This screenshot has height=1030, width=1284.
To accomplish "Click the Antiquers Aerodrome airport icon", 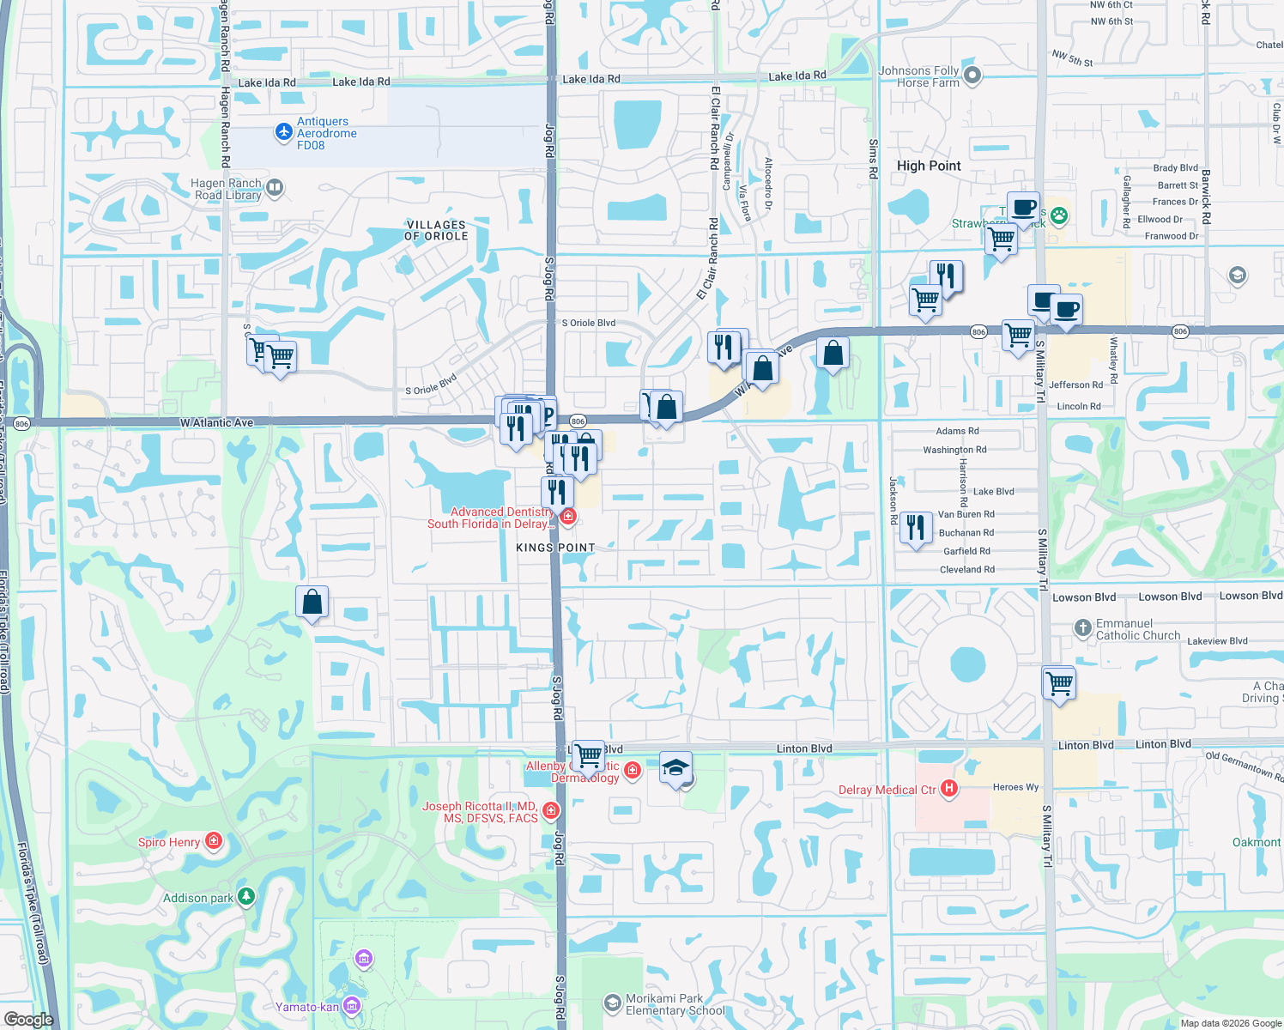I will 284,132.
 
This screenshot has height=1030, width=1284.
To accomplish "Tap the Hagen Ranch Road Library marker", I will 275,187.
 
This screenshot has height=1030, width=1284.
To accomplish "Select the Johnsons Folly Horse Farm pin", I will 972,76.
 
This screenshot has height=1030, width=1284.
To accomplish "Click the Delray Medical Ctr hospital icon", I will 948,788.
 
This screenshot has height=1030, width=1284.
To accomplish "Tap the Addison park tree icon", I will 246,897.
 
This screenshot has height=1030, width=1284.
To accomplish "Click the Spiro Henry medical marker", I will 213,841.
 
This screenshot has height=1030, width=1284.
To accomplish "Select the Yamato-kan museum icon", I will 351,1006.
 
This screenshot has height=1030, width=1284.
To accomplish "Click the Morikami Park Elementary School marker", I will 612,1003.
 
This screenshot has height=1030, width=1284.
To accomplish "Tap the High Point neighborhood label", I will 929,166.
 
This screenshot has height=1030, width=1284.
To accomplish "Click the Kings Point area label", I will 555,548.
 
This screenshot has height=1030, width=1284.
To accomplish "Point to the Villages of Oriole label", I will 436,230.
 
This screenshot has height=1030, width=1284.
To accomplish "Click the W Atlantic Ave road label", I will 217,423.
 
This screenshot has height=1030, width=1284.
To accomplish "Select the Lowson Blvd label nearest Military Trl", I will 1084,597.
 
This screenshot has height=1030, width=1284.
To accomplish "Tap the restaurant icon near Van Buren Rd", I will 916,527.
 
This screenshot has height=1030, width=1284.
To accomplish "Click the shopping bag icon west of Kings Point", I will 312,602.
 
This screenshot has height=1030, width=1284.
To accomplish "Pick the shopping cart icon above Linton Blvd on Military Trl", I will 1060,683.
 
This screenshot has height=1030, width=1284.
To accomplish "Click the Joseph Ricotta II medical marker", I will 551,810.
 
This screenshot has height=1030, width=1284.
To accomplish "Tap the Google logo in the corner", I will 28,1019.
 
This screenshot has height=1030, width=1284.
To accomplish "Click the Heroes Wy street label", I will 1015,787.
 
